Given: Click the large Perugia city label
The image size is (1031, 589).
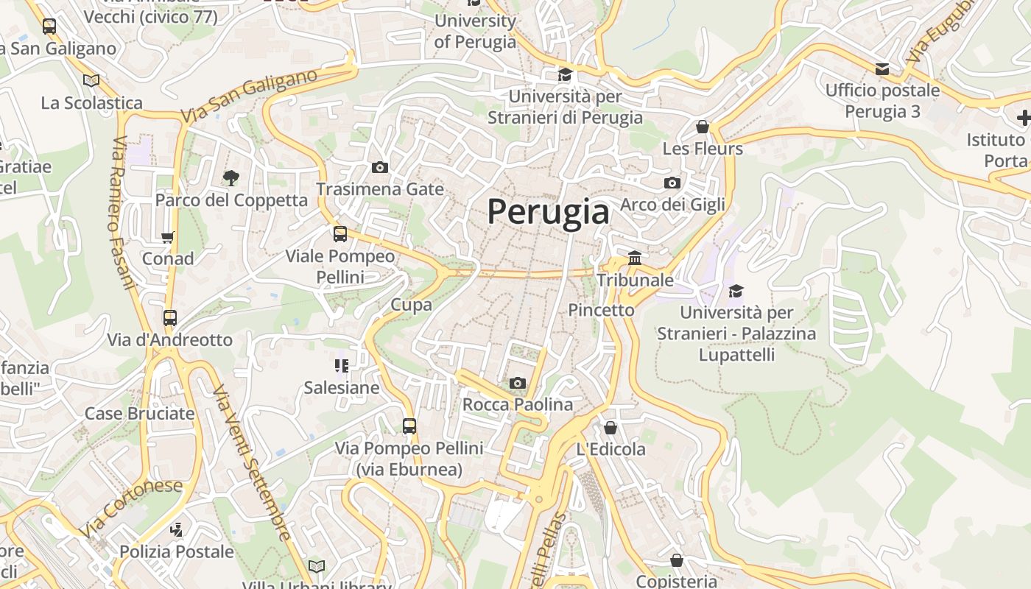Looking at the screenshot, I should pos(549,212).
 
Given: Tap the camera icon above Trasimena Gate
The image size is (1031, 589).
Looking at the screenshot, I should pos(380,168).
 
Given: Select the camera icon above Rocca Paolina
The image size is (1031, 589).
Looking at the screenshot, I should pos(518,383).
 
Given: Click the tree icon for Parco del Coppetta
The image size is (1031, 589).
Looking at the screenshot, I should pos(231,177).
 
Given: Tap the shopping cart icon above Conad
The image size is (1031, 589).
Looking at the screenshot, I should pos(168,237).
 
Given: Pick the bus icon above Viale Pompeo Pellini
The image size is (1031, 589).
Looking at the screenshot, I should pos(340,234).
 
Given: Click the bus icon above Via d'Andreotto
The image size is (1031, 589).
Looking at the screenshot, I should pos(170,318).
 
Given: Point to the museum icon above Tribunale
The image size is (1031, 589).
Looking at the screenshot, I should pos(635,258).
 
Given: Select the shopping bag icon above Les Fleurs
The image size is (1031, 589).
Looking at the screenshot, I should pos(703,127).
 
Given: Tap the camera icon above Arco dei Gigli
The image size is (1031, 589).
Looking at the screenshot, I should pos(672,183).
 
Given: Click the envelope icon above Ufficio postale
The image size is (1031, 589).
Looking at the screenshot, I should pos(882,69).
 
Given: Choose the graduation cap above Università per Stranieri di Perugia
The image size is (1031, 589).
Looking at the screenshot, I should pos(565,74).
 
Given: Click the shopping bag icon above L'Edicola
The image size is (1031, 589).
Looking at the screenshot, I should pos(610,427).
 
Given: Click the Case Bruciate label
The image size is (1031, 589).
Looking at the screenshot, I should pos(140,413).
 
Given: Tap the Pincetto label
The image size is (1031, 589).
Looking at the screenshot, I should pos(601,310).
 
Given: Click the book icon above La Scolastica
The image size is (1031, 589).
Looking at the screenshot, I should pos(91,80).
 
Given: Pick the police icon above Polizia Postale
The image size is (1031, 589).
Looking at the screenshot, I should pos(176,529).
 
